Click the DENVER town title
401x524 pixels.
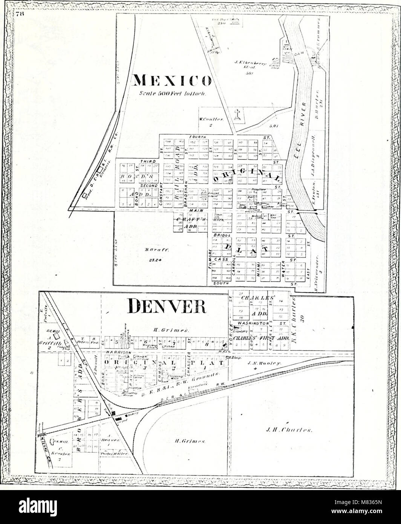click(167, 306)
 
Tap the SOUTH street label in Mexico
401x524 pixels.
click(219, 283)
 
